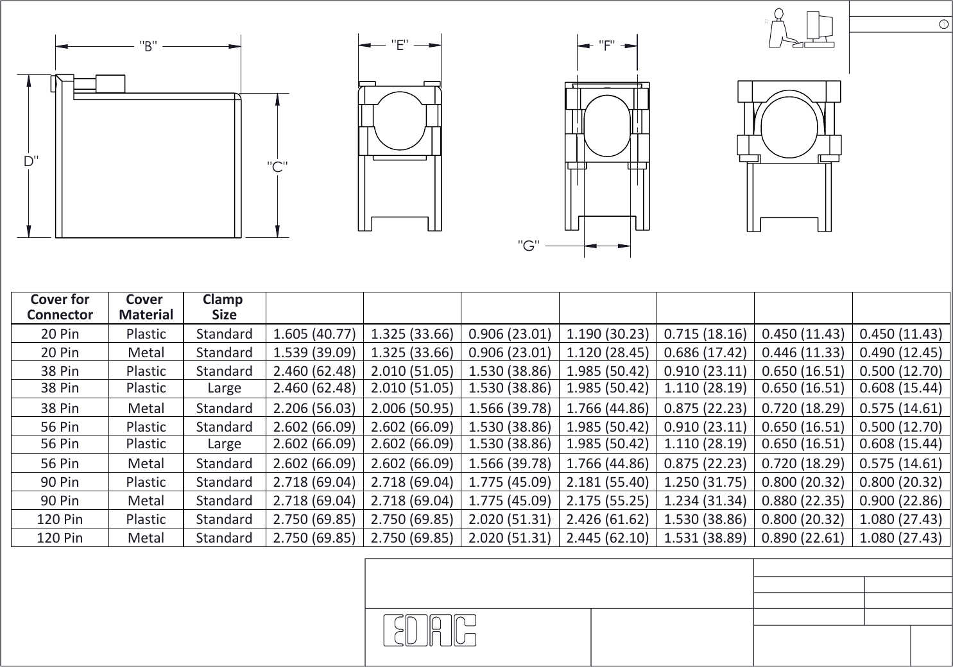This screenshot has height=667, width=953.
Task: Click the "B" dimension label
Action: pos(148,46)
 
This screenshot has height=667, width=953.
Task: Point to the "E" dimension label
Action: pos(400,45)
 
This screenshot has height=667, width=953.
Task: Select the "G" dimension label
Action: pos(528,245)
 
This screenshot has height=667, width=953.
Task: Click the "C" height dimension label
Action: pos(277,166)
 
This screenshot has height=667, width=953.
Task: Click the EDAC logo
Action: pos(430,630)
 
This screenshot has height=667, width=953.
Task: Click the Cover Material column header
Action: pos(146,307)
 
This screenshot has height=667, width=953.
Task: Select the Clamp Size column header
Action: pos(223,307)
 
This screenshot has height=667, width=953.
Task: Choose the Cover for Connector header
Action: pos(60,307)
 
